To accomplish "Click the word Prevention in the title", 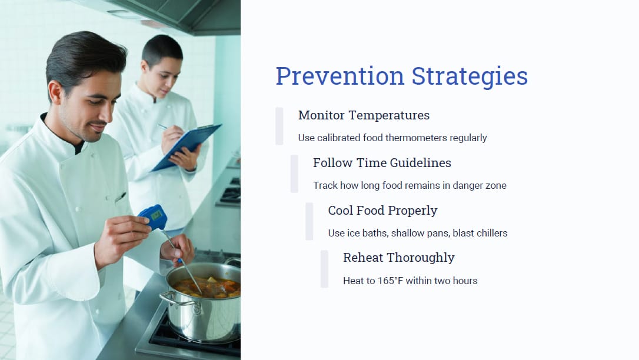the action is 340,76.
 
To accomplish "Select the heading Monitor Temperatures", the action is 364,115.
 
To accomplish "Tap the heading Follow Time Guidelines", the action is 382,163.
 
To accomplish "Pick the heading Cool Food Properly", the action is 382,211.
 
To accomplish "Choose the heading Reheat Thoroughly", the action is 398,258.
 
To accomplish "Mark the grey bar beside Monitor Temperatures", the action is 279,126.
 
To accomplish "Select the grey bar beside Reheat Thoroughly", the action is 324,269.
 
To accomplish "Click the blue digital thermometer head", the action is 154,216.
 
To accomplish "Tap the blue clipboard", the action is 187,146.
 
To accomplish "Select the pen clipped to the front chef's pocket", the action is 120,198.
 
